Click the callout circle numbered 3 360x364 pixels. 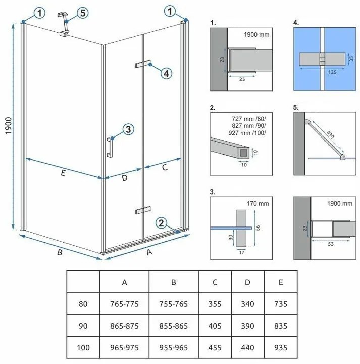(x=128, y=130)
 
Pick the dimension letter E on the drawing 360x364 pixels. (x=62, y=174)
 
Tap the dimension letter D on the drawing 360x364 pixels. (x=123, y=178)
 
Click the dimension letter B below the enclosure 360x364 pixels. (x=59, y=253)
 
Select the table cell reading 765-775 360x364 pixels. (x=124, y=304)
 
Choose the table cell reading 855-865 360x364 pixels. (x=173, y=327)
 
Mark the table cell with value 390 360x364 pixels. (x=247, y=327)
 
